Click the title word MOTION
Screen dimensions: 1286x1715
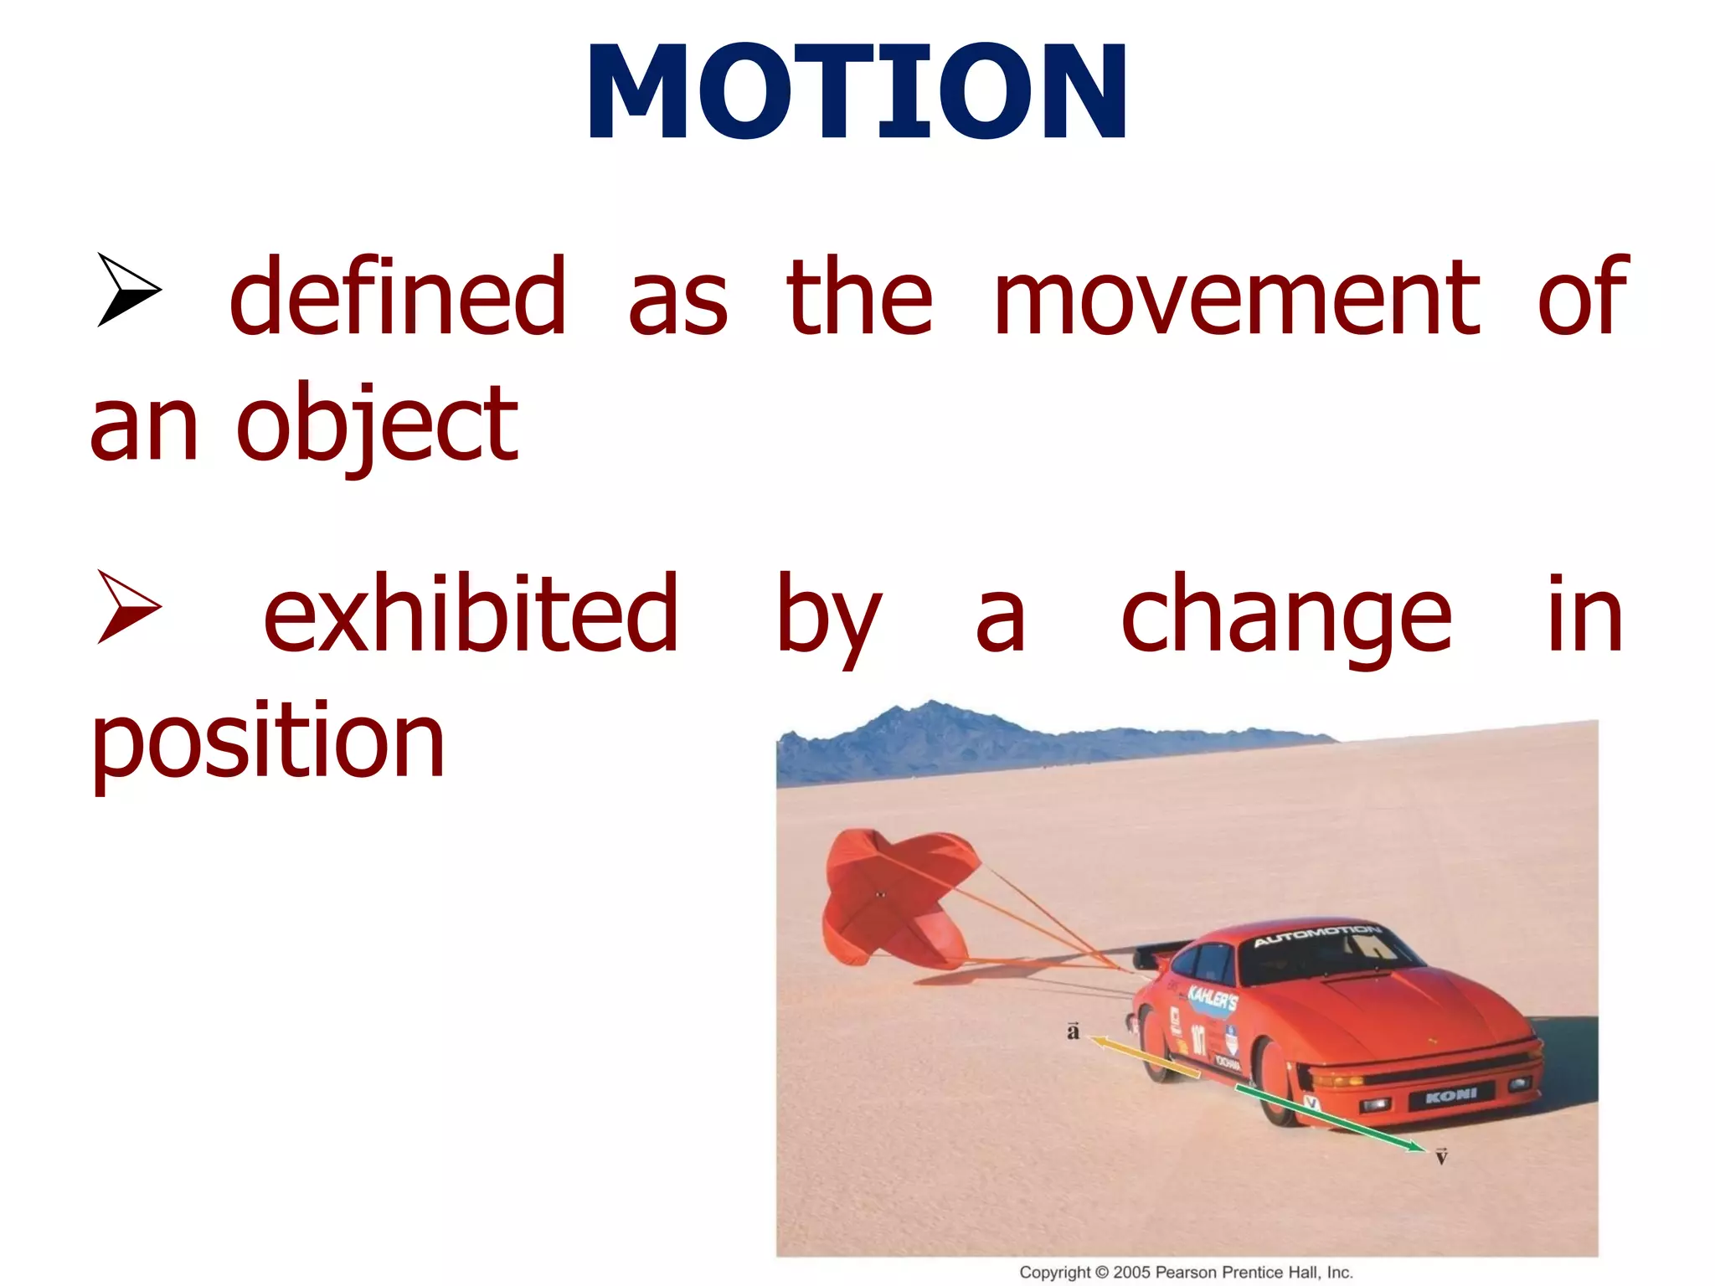pos(857,92)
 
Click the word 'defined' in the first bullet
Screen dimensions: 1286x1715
pos(398,297)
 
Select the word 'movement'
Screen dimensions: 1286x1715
pos(1237,297)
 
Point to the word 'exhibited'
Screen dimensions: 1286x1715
pos(471,615)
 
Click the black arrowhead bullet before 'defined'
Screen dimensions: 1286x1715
pos(128,289)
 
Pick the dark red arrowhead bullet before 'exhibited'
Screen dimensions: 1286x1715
pos(128,606)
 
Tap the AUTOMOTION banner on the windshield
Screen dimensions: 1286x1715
pos(1316,935)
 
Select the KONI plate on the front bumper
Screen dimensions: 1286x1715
pos(1450,1095)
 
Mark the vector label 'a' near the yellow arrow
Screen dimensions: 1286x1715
pos(1073,1031)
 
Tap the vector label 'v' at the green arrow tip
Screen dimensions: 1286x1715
pos(1441,1157)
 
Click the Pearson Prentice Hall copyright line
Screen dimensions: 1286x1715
pos(1186,1272)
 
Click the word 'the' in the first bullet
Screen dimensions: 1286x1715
pos(859,297)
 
